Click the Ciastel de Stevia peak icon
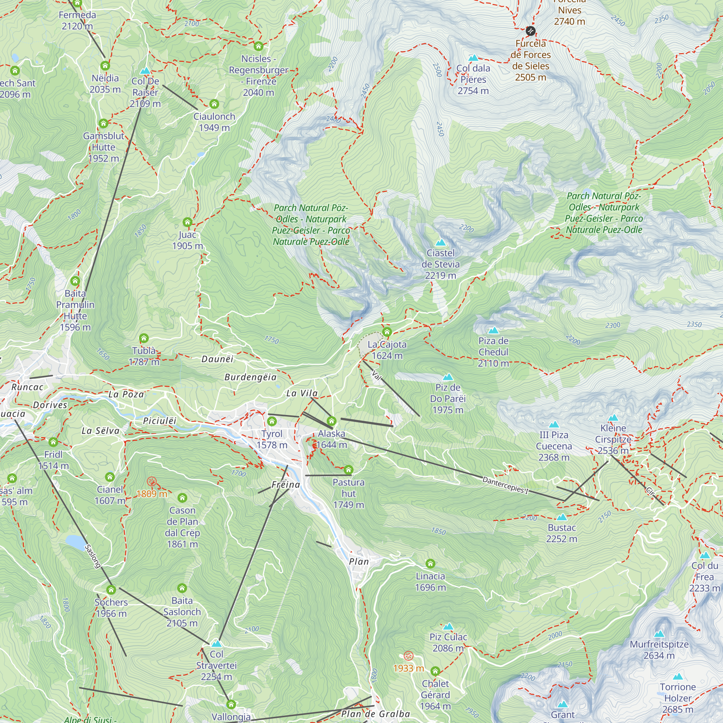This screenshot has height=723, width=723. (440, 243)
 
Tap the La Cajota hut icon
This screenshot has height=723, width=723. (387, 332)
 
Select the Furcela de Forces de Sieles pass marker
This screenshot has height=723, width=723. (530, 31)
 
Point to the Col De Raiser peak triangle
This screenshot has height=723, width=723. (145, 71)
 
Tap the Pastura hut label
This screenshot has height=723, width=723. (348, 493)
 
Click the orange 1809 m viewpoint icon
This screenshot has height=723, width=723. (151, 482)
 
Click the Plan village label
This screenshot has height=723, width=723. (359, 562)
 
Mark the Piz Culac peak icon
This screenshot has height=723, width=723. (448, 626)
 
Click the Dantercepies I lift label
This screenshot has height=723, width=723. (505, 485)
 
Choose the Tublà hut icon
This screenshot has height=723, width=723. (144, 339)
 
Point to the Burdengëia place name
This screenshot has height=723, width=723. (251, 377)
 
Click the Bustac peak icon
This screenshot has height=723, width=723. (561, 518)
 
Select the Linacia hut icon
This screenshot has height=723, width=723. (430, 564)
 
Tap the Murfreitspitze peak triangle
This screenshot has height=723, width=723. (659, 634)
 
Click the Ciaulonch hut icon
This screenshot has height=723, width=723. (214, 104)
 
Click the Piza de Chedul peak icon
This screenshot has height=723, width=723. (493, 330)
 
